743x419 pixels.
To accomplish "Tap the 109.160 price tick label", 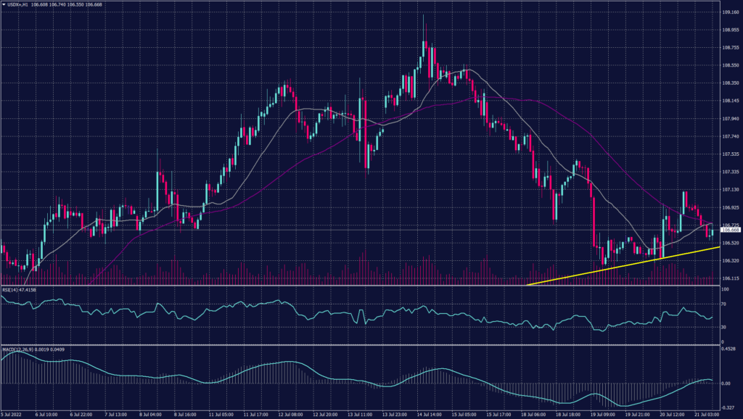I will tap(731, 12).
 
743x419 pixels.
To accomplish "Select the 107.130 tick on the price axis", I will tap(731, 189).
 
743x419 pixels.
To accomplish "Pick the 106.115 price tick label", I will tap(731, 278).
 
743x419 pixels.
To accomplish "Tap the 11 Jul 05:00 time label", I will tap(221, 415).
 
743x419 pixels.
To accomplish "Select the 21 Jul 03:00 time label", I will tap(713, 415).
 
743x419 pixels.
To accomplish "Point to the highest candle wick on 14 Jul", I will tap(423, 16).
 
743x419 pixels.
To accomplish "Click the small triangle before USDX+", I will tap(4, 4).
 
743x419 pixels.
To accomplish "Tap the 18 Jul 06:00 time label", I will tap(534, 415).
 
